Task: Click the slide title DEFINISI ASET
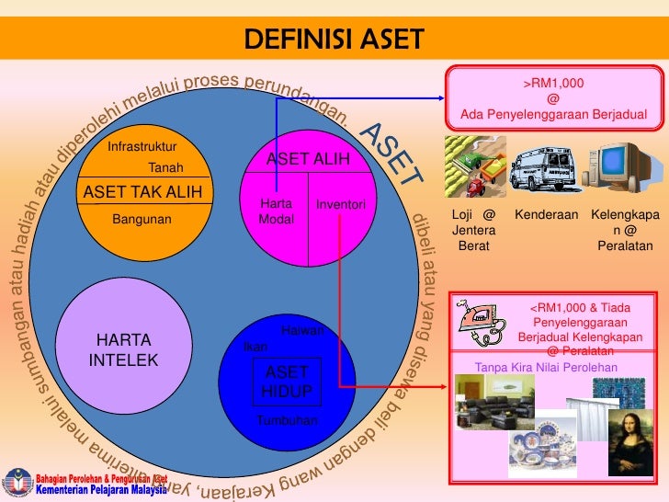point(334,40)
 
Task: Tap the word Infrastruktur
point(142,147)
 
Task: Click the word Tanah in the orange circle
point(165,167)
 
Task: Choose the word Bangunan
point(142,220)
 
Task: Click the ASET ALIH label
point(308,159)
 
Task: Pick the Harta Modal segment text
point(275,211)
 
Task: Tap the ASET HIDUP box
point(288,382)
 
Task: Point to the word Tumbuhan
point(287,420)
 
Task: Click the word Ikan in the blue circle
point(255,347)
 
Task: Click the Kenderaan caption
point(546,214)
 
